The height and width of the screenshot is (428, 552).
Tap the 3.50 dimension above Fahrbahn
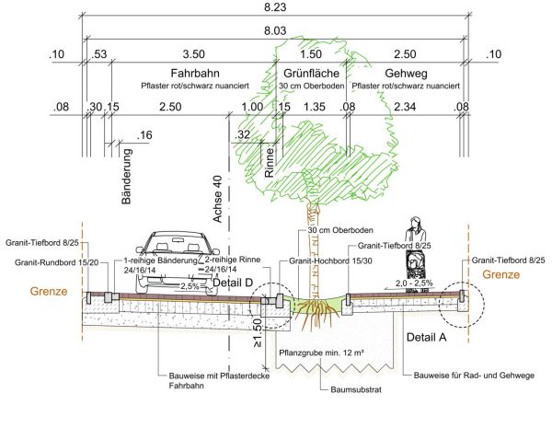pos(193,54)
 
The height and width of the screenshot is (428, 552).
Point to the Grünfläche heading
pos(312,72)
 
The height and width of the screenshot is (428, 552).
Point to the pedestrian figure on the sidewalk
pos(416,247)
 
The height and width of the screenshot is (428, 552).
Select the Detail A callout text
pos(426,338)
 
